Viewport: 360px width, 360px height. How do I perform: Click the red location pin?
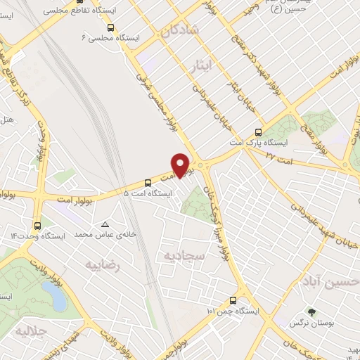(x=181, y=165)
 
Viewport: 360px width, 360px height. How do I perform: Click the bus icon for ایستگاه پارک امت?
(x=258, y=131)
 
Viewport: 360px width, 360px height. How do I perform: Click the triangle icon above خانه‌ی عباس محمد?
(x=105, y=224)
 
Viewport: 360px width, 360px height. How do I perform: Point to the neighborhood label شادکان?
(x=180, y=32)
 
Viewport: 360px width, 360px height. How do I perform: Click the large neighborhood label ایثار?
(x=202, y=66)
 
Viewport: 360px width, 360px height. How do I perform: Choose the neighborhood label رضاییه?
(x=103, y=266)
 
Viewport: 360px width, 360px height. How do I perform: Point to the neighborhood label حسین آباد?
(x=330, y=282)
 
